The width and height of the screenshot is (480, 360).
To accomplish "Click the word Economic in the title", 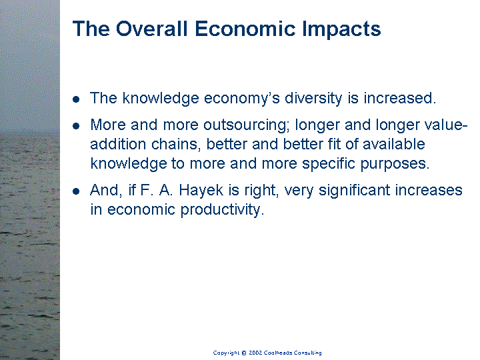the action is point(245,29).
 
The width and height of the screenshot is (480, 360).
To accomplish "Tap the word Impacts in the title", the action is point(341,30).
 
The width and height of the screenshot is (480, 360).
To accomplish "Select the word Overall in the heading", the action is point(151,29).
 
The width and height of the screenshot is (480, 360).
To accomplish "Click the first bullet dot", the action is point(76,99).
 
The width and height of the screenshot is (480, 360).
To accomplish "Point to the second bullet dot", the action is point(76,126).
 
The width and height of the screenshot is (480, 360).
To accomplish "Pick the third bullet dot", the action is point(76,191).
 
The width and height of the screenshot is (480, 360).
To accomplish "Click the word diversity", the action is point(313,99).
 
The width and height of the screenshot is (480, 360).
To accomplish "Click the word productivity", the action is point(222,210).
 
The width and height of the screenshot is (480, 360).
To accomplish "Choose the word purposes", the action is point(395,164).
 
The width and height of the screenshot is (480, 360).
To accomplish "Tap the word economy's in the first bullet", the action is point(242,99).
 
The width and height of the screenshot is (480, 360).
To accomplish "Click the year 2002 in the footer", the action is point(255,353).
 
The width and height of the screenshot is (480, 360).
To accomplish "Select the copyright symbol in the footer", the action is point(244,353).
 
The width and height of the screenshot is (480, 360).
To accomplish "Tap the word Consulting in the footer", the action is point(307,353).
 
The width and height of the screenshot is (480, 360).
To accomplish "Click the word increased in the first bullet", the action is point(399,99).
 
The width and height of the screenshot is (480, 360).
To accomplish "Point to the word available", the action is point(394,144).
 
